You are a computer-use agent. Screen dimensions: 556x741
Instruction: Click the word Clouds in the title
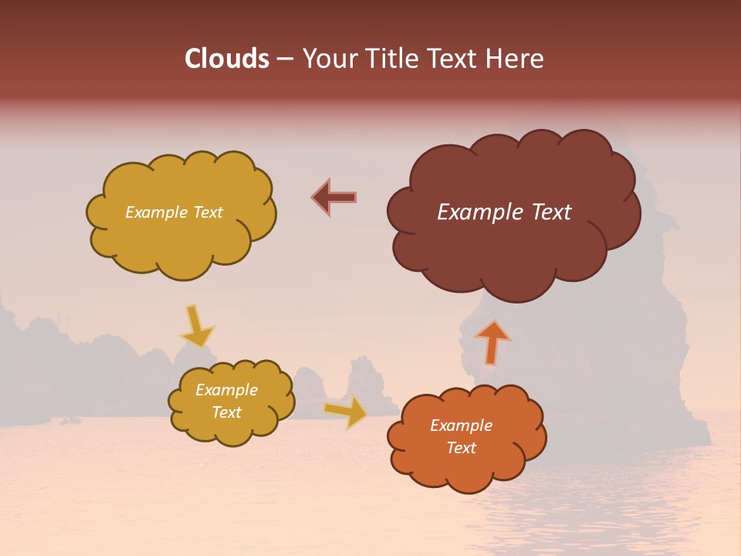226,59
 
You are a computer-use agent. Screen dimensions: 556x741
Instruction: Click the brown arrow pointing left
334,198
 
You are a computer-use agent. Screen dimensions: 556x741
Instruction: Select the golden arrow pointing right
347,412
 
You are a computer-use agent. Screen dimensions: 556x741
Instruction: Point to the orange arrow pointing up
492,341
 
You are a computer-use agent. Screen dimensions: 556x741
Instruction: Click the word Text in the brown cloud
550,212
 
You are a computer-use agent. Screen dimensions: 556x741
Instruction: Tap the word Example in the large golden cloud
156,212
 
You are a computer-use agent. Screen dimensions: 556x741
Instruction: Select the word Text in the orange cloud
462,448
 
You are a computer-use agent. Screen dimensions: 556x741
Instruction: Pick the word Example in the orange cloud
462,425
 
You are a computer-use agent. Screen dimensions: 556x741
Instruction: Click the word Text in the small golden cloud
227,412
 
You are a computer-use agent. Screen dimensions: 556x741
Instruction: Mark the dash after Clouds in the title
285,59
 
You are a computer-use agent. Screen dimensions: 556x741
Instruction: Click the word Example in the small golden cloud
227,390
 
